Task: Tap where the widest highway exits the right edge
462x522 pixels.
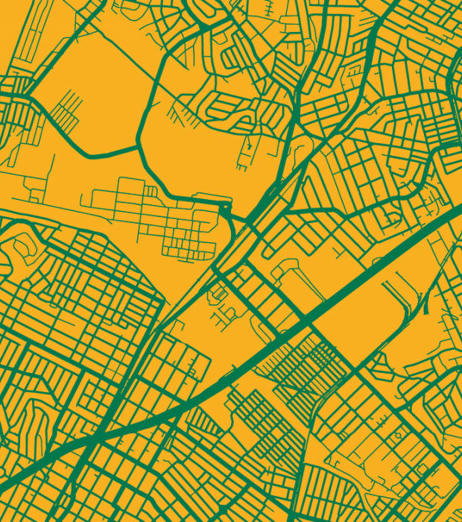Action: point(459,211)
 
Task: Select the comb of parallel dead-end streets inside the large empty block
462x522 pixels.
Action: point(66,108)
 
